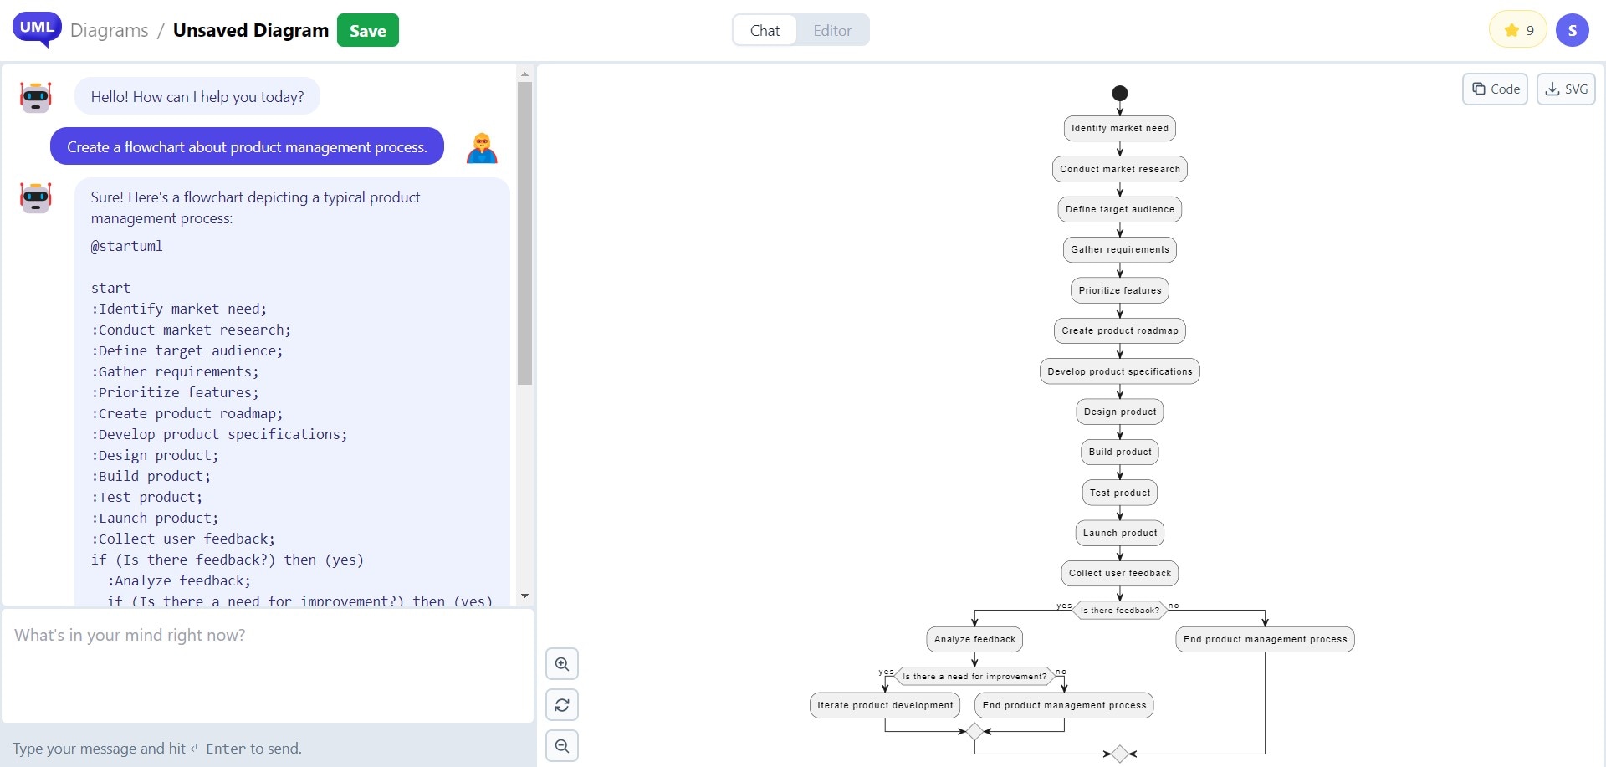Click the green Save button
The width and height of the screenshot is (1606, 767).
[x=367, y=31]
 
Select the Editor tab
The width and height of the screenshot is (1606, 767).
[x=831, y=31]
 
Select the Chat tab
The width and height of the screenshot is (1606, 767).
[x=765, y=31]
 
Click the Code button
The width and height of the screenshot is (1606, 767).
[x=1495, y=89]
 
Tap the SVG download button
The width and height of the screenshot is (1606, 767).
[x=1566, y=89]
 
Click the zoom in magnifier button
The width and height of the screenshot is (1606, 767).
[x=562, y=664]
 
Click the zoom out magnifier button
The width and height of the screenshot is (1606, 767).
[x=562, y=745]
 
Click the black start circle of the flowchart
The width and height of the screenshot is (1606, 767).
[x=1120, y=93]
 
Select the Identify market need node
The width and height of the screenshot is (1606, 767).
[x=1120, y=128]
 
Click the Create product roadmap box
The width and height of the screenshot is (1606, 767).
[x=1120, y=330]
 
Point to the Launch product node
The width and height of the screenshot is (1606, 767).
[x=1120, y=533]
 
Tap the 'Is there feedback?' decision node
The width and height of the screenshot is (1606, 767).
[x=1120, y=611]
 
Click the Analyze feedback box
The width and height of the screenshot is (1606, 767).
[x=974, y=639]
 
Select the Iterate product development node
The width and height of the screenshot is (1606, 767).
[x=885, y=705]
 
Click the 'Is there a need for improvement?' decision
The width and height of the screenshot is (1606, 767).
[x=974, y=677]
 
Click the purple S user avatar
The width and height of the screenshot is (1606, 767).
[x=1572, y=31]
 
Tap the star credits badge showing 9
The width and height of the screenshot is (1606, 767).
[x=1518, y=31]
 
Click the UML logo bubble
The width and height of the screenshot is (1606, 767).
[x=37, y=28]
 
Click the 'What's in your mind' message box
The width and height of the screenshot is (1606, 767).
[x=268, y=665]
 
